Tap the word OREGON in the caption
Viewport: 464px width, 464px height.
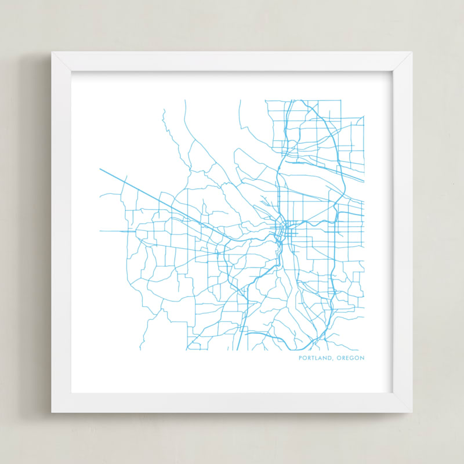(350, 358)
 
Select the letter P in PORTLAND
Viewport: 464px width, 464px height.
(300, 358)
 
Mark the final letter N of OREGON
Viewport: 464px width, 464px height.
(362, 358)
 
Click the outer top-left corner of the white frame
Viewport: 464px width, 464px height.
(52, 52)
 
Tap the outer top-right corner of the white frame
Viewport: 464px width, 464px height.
(412, 52)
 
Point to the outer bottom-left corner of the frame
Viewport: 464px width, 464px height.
(52, 412)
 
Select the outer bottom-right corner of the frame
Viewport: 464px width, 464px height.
(412, 412)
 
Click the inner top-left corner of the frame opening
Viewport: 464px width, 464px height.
(71, 72)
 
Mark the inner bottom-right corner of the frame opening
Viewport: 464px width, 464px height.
(393, 393)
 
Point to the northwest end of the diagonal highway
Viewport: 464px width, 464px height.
(100, 169)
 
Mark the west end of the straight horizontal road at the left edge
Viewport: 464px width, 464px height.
(100, 231)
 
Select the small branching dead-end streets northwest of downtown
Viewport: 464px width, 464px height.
(265, 203)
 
